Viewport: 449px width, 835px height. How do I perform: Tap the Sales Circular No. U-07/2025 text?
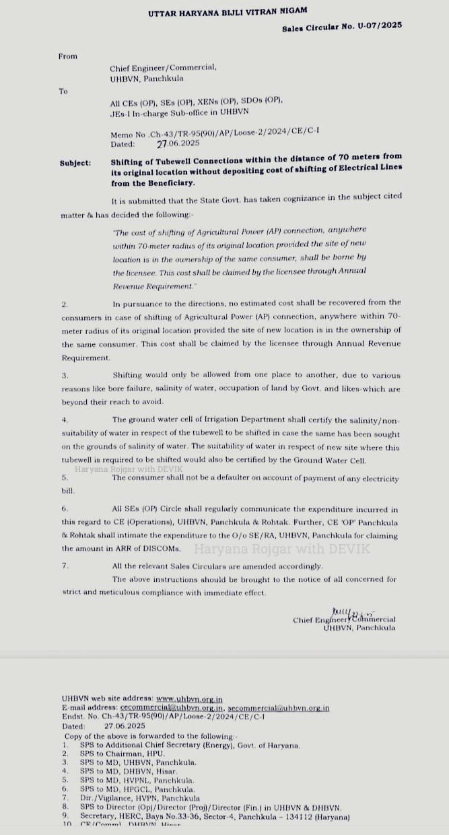[x=342, y=26]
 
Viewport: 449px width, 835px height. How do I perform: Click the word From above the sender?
[x=68, y=57]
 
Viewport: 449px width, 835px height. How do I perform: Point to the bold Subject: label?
[x=75, y=163]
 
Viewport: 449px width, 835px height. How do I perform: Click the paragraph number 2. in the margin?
[x=65, y=304]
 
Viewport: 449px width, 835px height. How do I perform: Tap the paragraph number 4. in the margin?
[x=65, y=420]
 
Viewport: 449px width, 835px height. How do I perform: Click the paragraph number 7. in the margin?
[x=65, y=567]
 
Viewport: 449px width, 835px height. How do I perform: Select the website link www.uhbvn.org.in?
[x=189, y=700]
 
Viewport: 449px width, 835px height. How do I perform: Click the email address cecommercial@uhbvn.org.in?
[x=171, y=708]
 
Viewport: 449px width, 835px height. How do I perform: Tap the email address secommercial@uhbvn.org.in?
[x=279, y=708]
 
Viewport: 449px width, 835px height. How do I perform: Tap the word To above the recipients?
[x=63, y=92]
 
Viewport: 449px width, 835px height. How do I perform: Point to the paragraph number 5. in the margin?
[x=65, y=477]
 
